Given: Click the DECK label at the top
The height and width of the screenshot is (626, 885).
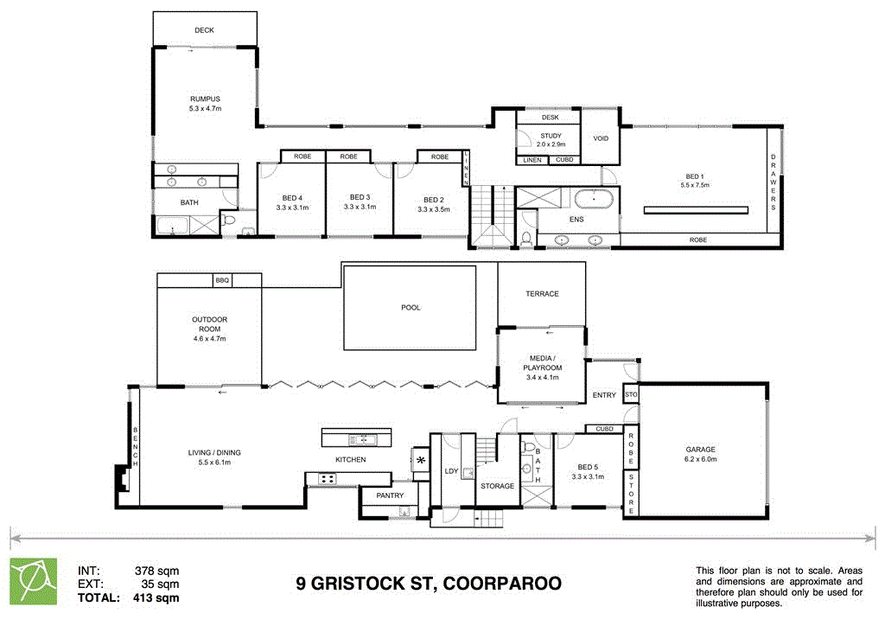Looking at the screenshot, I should point(204,30).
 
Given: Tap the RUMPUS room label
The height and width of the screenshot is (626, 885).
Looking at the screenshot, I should point(205,99).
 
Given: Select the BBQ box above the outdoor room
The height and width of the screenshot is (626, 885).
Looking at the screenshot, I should point(223,280).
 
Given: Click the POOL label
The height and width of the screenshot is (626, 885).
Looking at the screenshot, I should point(411,307).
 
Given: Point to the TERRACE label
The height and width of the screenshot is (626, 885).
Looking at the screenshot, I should point(542,294).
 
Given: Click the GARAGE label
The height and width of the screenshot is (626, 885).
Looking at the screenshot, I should point(701,449).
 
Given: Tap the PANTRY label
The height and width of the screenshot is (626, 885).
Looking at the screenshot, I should point(389,495).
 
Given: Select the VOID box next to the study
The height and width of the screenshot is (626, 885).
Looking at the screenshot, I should point(601,138).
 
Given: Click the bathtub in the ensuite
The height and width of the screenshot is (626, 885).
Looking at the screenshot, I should point(595,201).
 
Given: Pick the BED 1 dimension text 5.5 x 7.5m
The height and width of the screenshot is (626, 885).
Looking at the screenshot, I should point(695,185).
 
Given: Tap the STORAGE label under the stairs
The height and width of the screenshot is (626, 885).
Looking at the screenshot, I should point(498,486).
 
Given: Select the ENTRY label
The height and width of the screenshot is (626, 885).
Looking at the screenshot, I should point(604,395).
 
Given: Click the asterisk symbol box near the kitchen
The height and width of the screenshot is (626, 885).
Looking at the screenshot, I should point(421,460).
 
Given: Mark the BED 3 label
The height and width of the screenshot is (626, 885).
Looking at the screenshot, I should point(360,196).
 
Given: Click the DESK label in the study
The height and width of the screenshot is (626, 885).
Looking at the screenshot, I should point(551,117).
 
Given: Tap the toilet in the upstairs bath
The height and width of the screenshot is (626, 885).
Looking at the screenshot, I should point(227,220).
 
